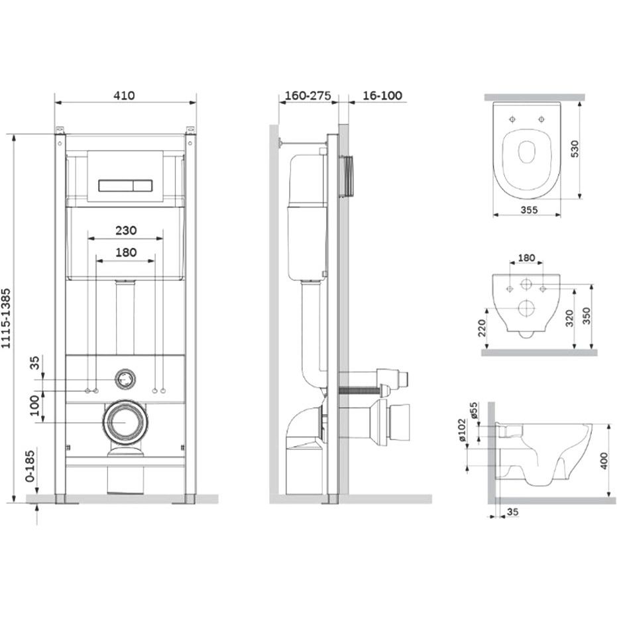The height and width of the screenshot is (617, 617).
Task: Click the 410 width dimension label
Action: [125, 95]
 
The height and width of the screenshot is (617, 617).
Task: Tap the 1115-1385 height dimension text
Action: [7, 319]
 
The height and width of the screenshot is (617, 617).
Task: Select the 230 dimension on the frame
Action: [126, 230]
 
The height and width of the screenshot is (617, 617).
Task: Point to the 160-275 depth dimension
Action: [308, 95]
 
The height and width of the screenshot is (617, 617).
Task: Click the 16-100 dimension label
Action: [382, 95]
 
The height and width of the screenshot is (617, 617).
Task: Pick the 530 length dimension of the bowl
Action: [575, 148]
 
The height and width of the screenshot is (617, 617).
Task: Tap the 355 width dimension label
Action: [530, 209]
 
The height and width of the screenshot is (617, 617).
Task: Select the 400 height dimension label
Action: [604, 461]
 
